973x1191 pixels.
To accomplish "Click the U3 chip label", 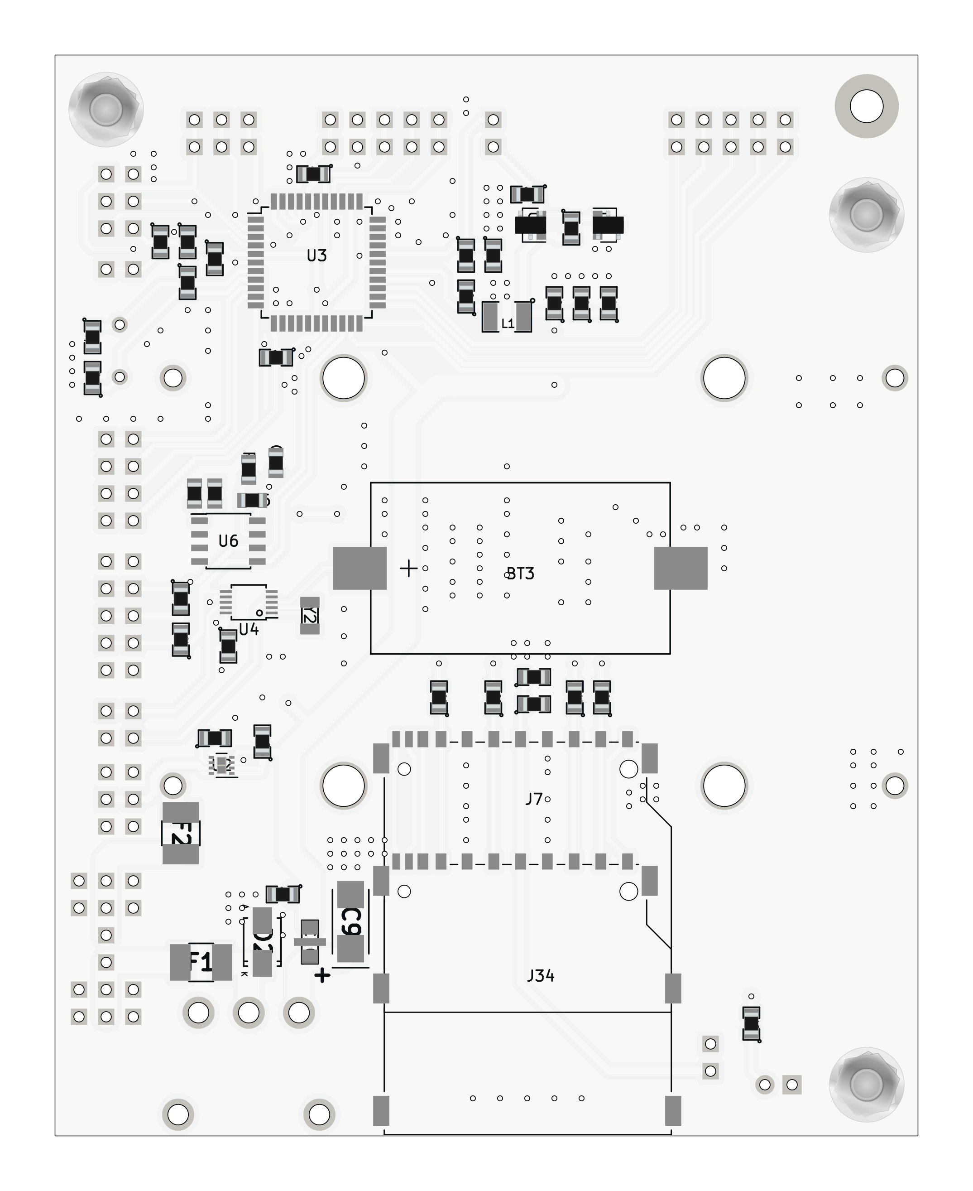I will pyautogui.click(x=316, y=256).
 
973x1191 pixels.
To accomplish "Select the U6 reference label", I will pyautogui.click(x=228, y=540).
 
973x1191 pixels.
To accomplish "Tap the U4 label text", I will pyautogui.click(x=249, y=630).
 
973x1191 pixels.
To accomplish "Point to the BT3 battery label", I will pyautogui.click(x=520, y=574).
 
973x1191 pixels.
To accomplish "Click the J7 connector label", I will pyautogui.click(x=534, y=799).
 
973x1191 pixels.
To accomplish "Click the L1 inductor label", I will pyautogui.click(x=507, y=323).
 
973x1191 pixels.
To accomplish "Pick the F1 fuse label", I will pyautogui.click(x=200, y=962).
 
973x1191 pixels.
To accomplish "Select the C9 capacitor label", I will pyautogui.click(x=351, y=922).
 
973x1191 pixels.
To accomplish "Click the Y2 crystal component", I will pyautogui.click(x=310, y=616).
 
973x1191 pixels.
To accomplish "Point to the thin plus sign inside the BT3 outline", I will pyautogui.click(x=408, y=569).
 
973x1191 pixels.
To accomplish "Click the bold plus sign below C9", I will pyautogui.click(x=322, y=976).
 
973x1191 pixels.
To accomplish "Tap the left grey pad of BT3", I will pyautogui.click(x=360, y=568).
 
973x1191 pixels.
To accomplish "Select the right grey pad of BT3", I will pyautogui.click(x=681, y=568).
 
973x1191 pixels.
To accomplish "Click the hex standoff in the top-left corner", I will pyautogui.click(x=106, y=109).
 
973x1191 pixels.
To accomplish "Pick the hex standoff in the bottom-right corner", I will pyautogui.click(x=867, y=1085).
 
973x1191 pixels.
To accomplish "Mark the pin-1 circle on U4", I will pyautogui.click(x=259, y=612).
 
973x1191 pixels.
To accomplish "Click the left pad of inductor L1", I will pyautogui.click(x=490, y=317).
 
